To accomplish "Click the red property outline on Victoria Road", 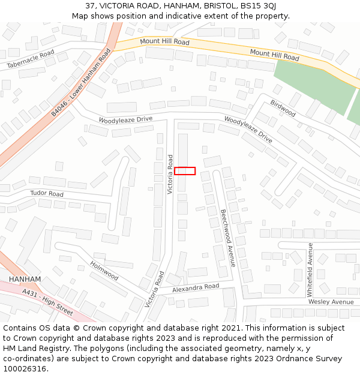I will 185,171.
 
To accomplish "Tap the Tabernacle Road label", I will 30,59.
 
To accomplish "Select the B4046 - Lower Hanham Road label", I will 80,82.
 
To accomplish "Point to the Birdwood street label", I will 283,109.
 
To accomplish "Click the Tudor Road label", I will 47,194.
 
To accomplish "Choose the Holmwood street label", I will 104,270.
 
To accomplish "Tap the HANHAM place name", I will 25,280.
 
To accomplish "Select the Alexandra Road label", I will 196,287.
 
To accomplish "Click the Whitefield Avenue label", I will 310,269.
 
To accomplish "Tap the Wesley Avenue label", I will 331,302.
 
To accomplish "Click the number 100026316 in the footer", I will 26,369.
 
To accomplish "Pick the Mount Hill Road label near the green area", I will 274,56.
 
